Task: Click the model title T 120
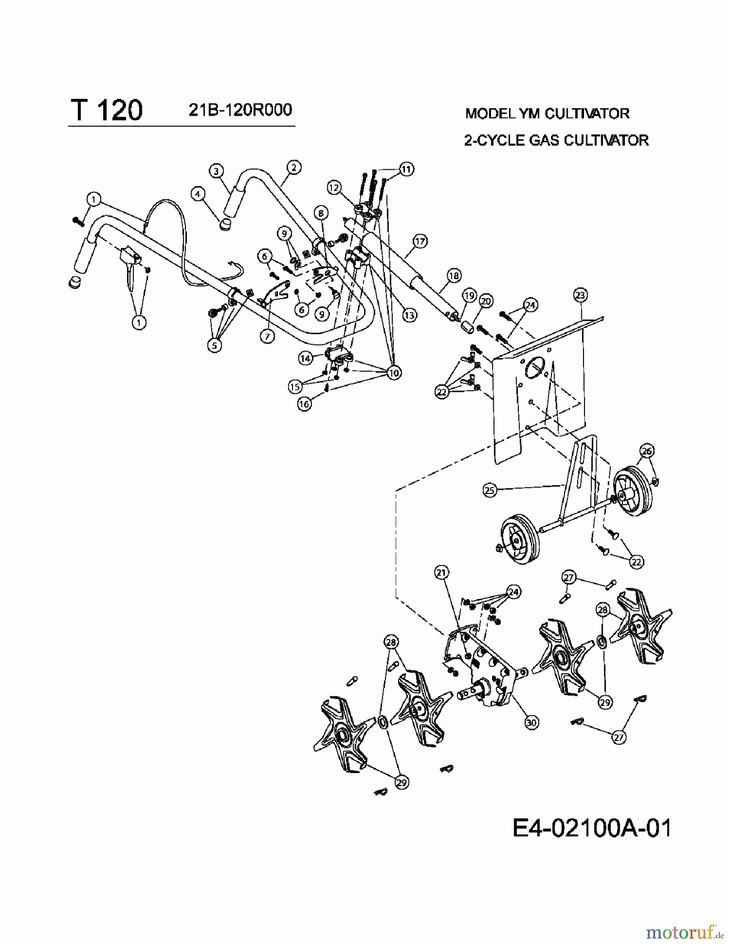tap(107, 111)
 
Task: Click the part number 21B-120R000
tap(239, 110)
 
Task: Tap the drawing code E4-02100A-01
tap(591, 829)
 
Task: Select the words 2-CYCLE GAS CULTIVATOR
tap(556, 140)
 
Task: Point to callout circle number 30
tap(531, 723)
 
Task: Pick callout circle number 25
tap(489, 490)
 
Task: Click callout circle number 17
tap(420, 241)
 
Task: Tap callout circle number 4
tap(197, 193)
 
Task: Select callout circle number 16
tap(304, 404)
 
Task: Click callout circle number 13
tap(409, 315)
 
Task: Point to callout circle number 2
tap(294, 167)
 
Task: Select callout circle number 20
tap(486, 301)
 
